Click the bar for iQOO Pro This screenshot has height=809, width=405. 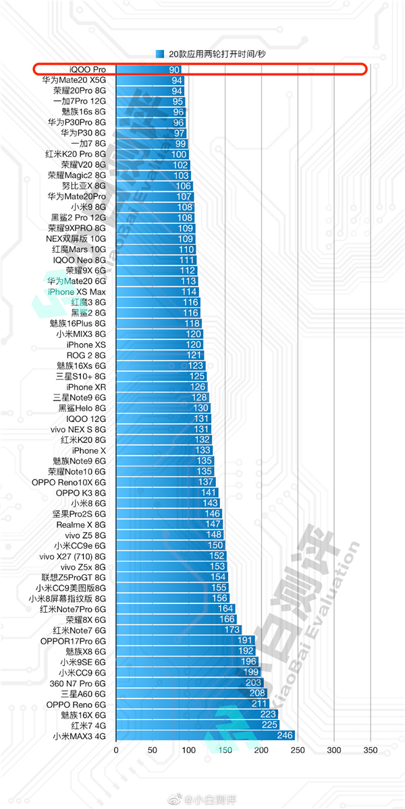tap(148, 69)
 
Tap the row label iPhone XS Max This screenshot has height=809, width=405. tap(77, 292)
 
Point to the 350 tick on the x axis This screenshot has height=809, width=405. tap(370, 750)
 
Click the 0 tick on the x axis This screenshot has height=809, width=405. tap(116, 750)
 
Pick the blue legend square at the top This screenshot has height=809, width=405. tap(160, 53)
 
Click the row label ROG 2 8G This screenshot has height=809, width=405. tap(86, 355)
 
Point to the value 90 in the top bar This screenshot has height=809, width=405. tap(174, 69)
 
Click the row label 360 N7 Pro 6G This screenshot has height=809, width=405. tap(78, 683)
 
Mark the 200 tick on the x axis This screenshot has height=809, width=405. tap(261, 750)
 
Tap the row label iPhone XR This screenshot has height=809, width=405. tap(86, 387)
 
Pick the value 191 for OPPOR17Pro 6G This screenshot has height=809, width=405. tap(245, 640)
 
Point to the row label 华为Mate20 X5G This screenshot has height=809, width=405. tap(74, 80)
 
